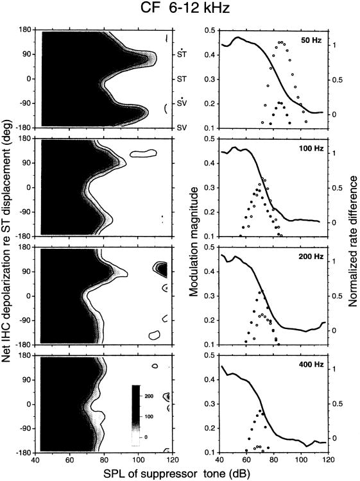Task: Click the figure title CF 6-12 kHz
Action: [180, 10]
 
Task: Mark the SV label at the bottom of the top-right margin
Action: [182, 128]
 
